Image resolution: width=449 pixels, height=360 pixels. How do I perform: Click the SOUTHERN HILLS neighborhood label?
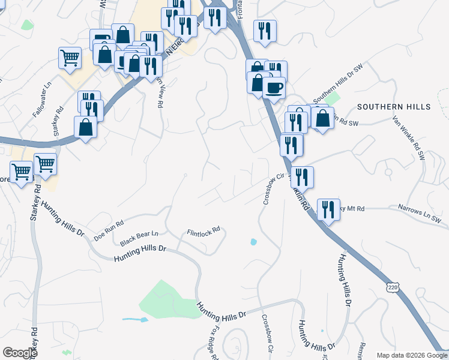394,107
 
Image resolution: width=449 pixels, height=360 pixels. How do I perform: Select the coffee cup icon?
274,88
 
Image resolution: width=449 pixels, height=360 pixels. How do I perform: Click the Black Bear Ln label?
139,238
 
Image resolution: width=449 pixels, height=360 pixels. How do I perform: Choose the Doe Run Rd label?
109,230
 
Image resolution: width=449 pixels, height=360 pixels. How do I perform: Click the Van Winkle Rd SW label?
408,137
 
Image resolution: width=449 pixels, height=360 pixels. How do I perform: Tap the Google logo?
20,353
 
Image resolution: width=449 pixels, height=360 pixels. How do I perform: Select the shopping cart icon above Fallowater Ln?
70,58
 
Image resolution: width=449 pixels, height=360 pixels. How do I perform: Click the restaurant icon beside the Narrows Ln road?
328,209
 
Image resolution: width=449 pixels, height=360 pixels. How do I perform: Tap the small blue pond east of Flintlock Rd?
253,242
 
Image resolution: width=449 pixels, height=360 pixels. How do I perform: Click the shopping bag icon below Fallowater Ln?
85,127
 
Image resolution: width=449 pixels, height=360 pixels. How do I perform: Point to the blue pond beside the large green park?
135,320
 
